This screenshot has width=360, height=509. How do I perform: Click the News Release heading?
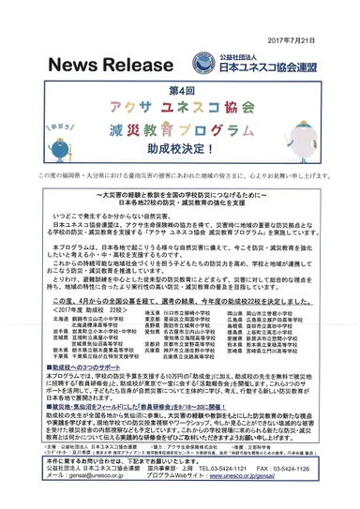(x=102, y=67)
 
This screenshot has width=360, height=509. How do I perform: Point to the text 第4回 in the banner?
(x=180, y=91)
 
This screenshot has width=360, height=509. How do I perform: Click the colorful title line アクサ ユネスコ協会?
(x=179, y=110)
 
